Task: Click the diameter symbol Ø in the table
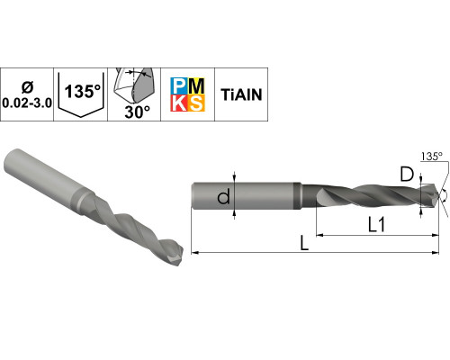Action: click(27, 87)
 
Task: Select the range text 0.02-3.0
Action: click(27, 103)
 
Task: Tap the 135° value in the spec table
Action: click(83, 91)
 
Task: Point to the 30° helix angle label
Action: click(137, 112)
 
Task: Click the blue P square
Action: click(179, 86)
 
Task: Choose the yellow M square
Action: click(196, 86)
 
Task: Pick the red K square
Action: click(179, 103)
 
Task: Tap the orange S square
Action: click(196, 103)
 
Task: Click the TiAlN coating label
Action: click(241, 94)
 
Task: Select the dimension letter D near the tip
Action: click(407, 175)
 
